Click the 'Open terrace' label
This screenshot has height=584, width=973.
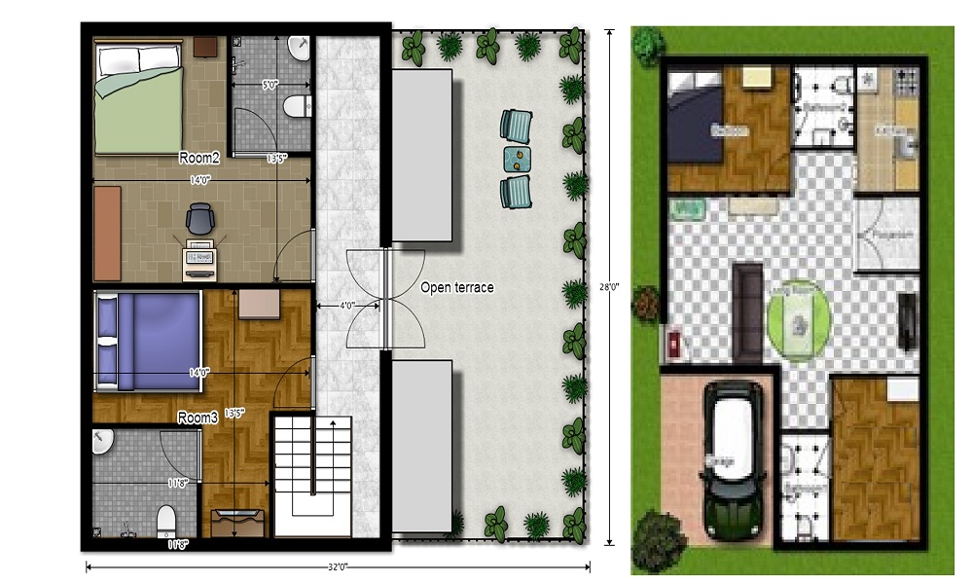[457, 288]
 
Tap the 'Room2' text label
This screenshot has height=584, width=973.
[199, 157]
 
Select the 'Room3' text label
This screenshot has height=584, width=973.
[198, 418]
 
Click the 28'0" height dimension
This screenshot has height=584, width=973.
[610, 288]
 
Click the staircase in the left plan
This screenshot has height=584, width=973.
[311, 477]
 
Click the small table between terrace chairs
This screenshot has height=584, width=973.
[519, 157]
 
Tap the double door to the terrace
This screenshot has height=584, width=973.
[386, 297]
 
